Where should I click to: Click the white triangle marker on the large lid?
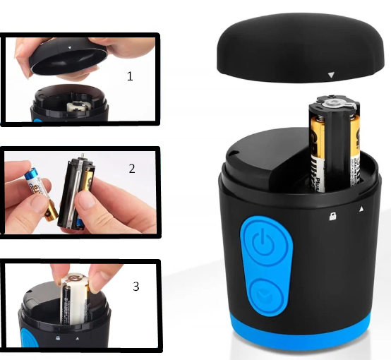(x=330, y=73)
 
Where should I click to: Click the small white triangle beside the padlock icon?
(x=361, y=210)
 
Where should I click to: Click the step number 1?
(x=130, y=76)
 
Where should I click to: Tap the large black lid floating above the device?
(x=296, y=46)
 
